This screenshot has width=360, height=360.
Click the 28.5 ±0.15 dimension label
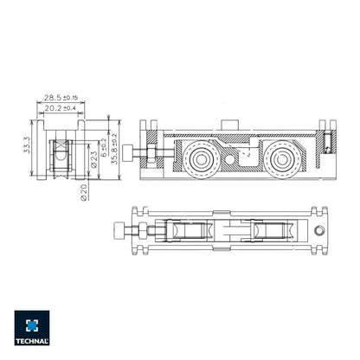click(61, 98)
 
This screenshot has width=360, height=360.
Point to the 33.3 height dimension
click(27, 145)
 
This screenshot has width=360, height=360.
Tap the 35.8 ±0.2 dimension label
click(114, 150)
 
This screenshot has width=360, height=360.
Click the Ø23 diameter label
click(93, 159)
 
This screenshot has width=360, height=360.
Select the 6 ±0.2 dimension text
click(104, 148)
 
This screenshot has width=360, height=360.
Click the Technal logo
click(32, 328)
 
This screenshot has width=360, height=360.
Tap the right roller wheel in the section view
click(281, 160)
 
